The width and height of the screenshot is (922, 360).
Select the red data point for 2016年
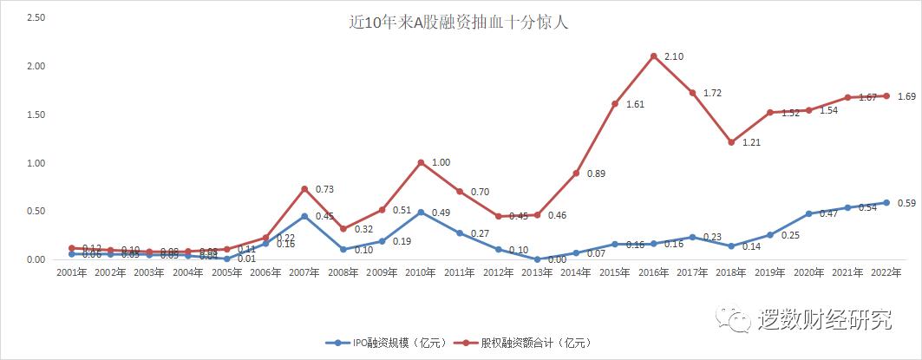pos(653,56)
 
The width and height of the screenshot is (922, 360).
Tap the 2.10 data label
pos(675,56)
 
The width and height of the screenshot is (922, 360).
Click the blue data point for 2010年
pos(421,212)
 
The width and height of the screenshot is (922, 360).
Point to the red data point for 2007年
pos(304,189)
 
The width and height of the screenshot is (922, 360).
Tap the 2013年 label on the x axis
pos(537,272)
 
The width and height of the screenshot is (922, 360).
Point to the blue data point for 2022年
pos(886,202)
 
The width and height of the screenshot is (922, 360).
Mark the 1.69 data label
pos(907,96)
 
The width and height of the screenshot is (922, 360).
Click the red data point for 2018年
pos(731,142)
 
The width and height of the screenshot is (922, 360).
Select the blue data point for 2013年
pos(537,259)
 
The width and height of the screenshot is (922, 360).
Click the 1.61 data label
pos(636,104)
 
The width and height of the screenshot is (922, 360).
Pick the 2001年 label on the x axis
pos(71,272)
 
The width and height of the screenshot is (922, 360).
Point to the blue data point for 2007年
pos(304,216)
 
